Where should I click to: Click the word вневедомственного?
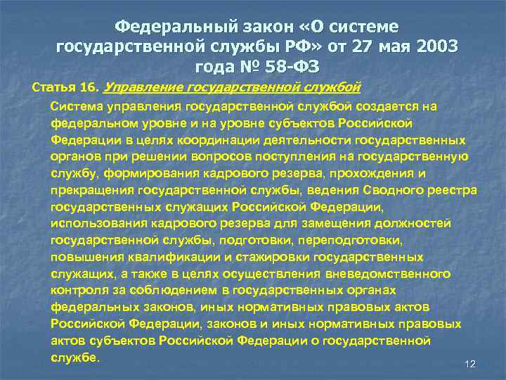tap(392, 274)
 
